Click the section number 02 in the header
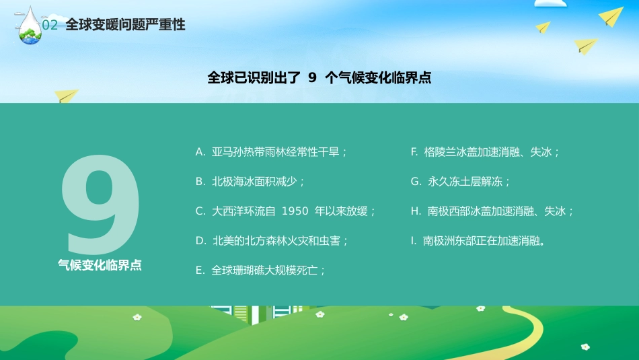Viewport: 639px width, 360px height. (x=50, y=26)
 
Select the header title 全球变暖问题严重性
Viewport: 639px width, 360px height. (x=125, y=25)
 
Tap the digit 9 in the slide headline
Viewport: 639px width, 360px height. (x=312, y=77)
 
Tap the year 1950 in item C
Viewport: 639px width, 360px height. (x=295, y=211)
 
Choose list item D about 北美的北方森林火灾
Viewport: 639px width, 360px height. (x=272, y=241)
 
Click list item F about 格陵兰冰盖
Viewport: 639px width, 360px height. (x=485, y=152)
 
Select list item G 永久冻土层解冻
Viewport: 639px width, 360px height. (x=460, y=182)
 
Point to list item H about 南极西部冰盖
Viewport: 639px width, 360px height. (x=492, y=211)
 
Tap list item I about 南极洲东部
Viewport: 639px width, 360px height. (x=477, y=241)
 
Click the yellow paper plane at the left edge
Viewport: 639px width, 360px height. (x=67, y=96)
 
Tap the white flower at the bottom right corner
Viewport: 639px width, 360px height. (x=585, y=347)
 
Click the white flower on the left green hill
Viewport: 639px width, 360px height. (x=137, y=316)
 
